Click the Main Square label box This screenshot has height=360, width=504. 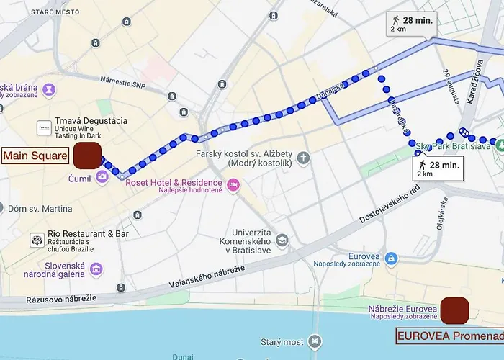click(35, 156)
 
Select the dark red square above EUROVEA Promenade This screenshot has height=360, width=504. click(454, 310)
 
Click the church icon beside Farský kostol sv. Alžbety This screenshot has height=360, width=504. click(303, 157)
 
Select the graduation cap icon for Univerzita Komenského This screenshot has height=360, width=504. click(282, 240)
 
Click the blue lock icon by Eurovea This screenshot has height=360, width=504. click(391, 258)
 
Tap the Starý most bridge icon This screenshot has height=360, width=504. click(315, 341)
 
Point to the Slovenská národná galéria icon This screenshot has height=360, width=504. click(96, 269)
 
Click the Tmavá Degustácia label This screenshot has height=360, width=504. click(91, 127)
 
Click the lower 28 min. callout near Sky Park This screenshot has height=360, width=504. click(438, 168)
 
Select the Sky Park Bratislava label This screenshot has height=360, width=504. click(453, 146)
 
